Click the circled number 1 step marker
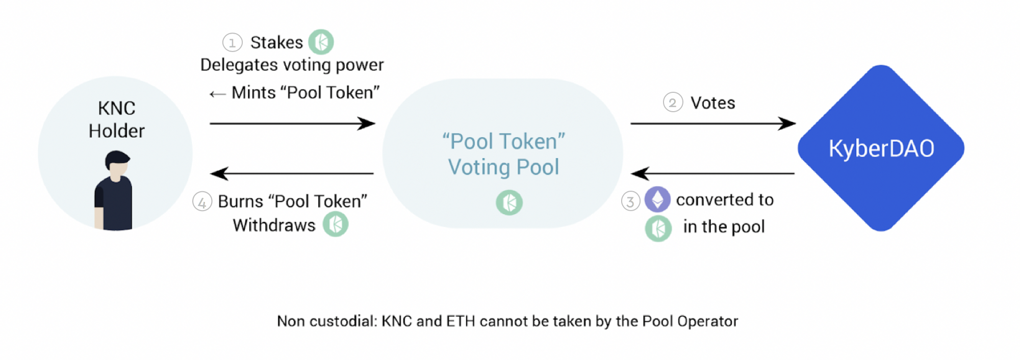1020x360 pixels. click(232, 42)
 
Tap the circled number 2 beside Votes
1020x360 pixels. click(673, 103)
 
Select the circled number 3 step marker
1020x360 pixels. click(630, 201)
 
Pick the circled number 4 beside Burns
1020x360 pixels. click(202, 202)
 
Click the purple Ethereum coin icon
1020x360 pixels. click(657, 199)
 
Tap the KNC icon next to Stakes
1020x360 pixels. click(321, 42)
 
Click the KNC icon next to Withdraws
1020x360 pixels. click(336, 224)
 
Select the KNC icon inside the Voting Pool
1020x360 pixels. click(509, 202)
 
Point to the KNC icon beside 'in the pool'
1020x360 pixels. click(658, 228)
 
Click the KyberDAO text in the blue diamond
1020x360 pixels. click(881, 148)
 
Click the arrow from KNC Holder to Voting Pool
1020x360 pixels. click(292, 123)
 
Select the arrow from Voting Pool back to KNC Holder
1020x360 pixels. click(292, 173)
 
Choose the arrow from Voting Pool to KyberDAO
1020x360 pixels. click(712, 123)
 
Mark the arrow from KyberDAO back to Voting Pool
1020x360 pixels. click(712, 173)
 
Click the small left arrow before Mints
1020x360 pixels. click(217, 94)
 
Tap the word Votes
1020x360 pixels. click(712, 103)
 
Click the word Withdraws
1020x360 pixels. click(274, 225)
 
